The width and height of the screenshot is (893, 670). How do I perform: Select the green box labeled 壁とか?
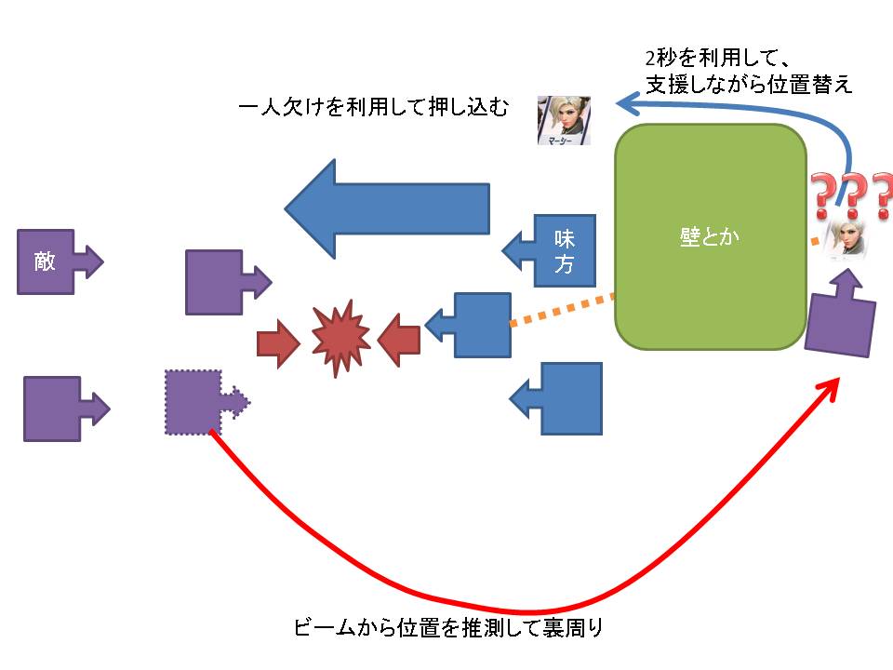pos(711,237)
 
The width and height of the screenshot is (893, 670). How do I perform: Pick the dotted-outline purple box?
pos(193,401)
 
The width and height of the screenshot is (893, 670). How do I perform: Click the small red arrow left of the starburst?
pos(277,342)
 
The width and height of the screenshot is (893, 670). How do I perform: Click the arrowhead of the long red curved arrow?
pos(833,387)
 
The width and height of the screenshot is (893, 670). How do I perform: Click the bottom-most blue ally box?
pos(567,398)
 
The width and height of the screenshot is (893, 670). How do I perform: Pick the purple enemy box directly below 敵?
pos(51,409)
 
